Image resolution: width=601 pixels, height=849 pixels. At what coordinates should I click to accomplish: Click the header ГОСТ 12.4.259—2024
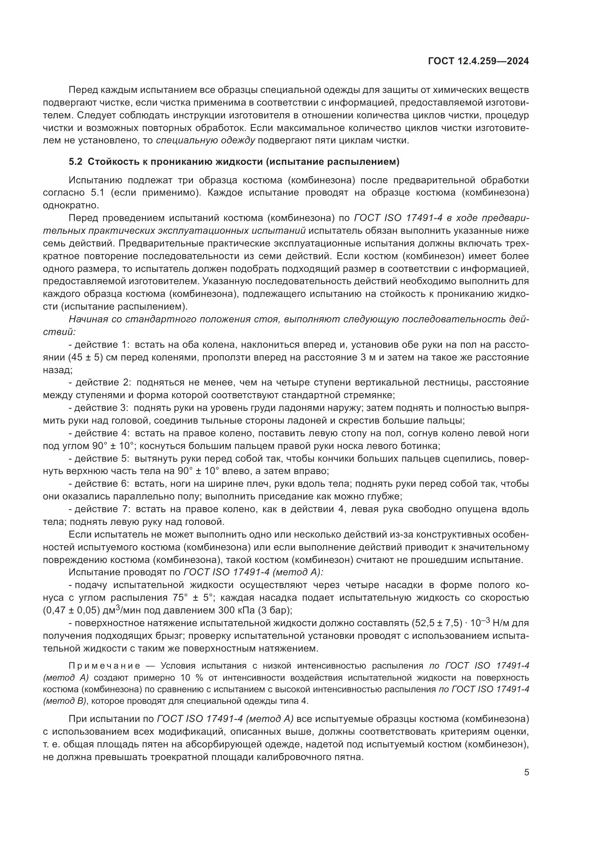[x=478, y=61]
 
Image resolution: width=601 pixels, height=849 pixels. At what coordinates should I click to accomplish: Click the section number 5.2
[x=75, y=162]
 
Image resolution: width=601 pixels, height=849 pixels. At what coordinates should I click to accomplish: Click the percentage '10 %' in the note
[x=181, y=678]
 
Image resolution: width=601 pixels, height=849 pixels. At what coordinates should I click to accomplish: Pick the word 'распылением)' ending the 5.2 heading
[x=372, y=162]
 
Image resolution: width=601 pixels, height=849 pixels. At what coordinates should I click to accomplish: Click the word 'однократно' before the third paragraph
[x=70, y=205]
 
